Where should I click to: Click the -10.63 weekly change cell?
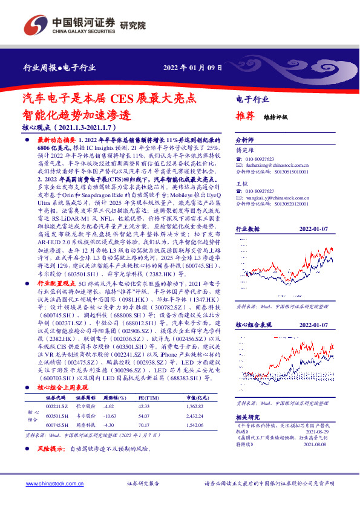coord(111,417)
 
